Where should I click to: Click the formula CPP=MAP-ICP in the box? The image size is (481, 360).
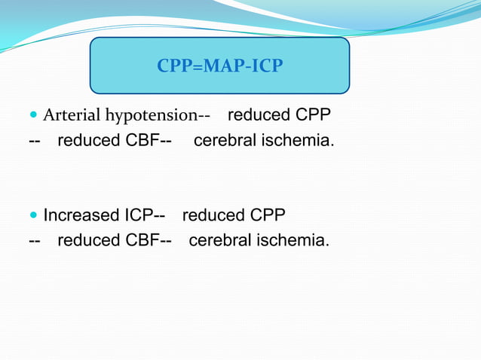point(219,67)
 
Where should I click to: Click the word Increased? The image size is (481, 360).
point(81,215)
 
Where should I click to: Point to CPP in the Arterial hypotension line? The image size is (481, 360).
point(312,115)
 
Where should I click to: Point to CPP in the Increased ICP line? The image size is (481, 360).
point(267,215)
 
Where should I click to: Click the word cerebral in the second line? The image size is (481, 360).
point(224,140)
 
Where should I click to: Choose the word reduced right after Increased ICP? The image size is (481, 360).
point(213,215)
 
